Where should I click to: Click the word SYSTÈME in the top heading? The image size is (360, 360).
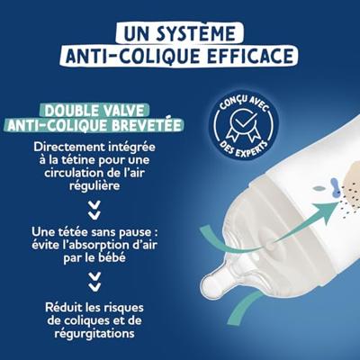pos(201,35)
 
